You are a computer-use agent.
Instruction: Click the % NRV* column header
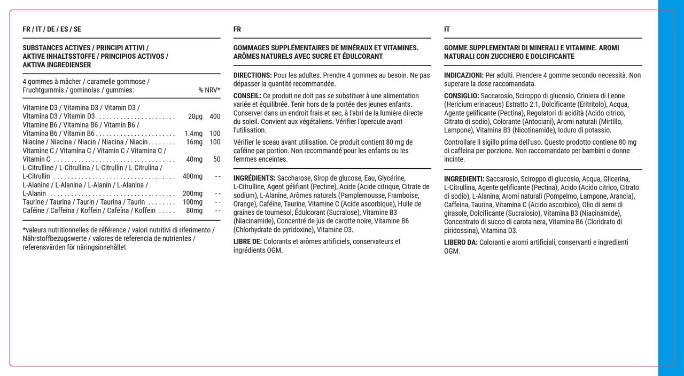point(209,90)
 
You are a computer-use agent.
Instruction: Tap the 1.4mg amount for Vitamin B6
point(193,134)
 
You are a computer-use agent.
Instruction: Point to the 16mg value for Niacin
point(194,142)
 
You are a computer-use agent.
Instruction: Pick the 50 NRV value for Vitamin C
point(216,159)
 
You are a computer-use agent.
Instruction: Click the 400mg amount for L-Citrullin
point(192,176)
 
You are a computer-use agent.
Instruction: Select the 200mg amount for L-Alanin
point(192,193)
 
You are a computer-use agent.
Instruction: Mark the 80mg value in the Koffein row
point(194,210)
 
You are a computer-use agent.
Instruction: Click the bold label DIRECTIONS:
point(253,75)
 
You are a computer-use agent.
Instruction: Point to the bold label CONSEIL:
point(247,96)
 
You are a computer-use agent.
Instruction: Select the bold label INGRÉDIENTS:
point(254,178)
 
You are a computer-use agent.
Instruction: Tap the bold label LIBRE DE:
point(247,241)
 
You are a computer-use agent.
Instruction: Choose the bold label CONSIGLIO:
point(462,96)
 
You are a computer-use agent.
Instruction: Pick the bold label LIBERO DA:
point(461,242)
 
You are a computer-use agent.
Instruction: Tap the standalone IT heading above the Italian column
point(447,29)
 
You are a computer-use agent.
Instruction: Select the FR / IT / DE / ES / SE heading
point(52,29)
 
